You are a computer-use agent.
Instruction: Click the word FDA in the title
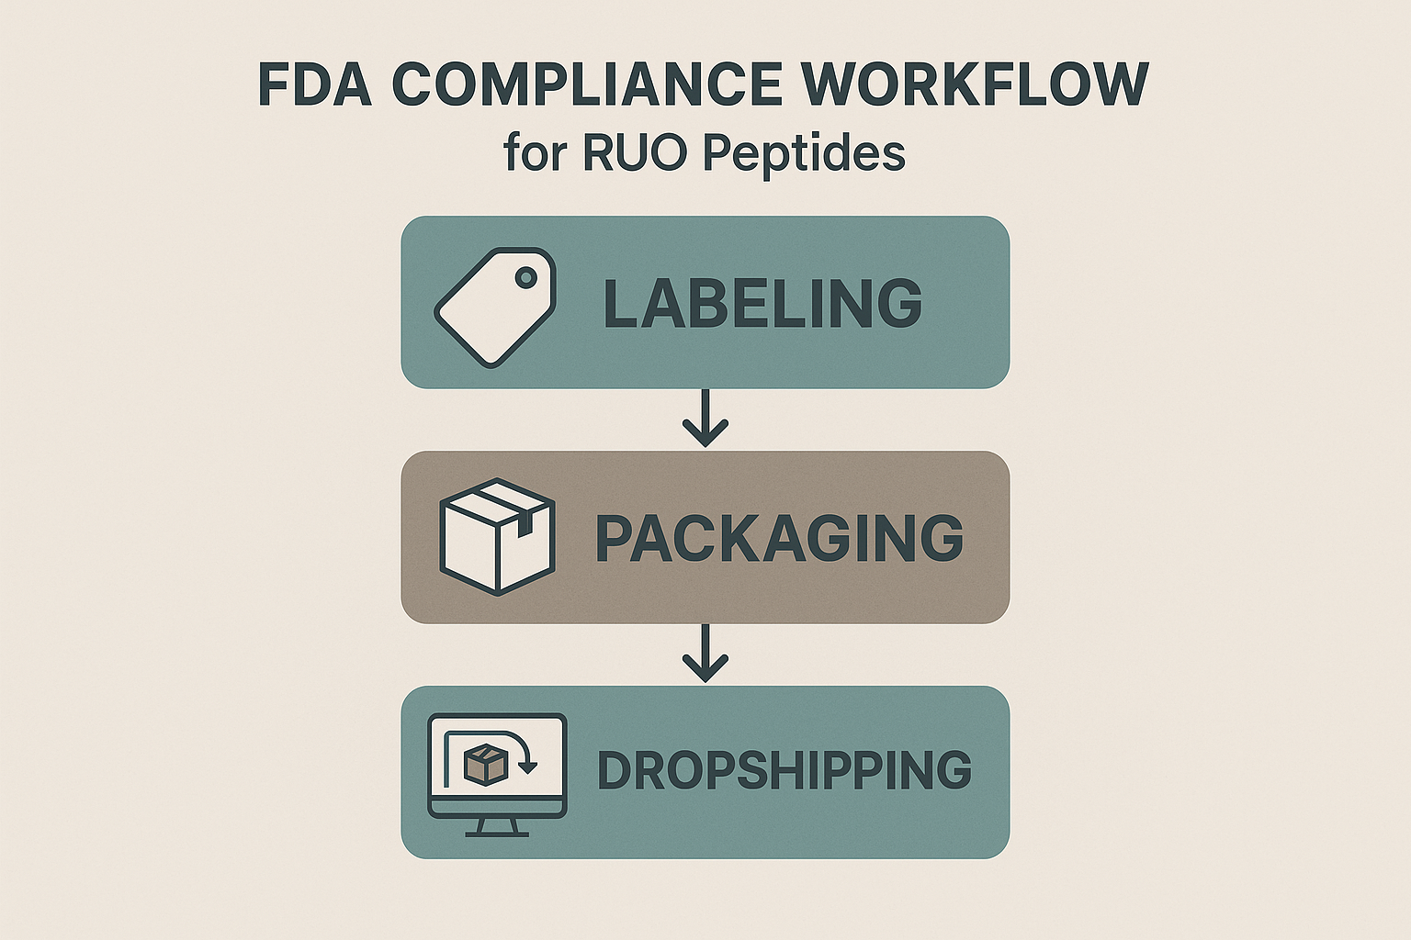coord(314,84)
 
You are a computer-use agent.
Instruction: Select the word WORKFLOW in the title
coord(975,84)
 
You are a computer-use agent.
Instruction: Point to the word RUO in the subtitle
coord(634,152)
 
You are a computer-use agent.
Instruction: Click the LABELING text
coord(762,303)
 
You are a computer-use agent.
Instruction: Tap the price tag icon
coord(494,307)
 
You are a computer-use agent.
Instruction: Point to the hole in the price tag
coord(525,276)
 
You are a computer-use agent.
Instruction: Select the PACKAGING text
coord(779,538)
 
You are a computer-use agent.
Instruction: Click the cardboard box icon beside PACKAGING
coord(497,536)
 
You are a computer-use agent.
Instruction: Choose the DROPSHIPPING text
coord(784,770)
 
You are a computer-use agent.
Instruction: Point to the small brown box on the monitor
coord(485,764)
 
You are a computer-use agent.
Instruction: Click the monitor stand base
coord(497,833)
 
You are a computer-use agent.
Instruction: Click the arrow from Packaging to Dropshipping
coord(705,654)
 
